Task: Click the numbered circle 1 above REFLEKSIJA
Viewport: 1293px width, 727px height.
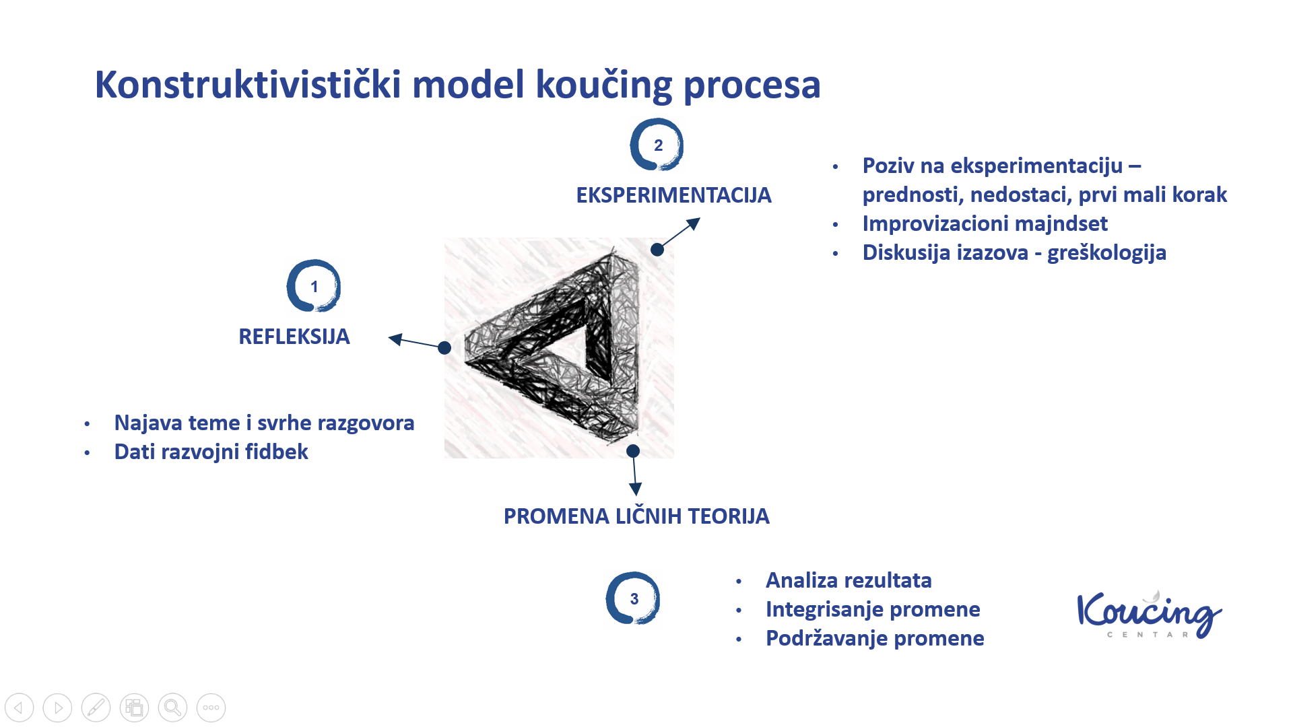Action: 314,286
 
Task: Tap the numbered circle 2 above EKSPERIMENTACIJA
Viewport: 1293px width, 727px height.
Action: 657,145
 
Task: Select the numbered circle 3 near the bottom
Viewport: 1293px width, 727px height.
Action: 633,598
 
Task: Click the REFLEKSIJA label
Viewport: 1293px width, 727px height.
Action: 294,337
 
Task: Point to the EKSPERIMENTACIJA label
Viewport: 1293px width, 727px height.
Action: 673,195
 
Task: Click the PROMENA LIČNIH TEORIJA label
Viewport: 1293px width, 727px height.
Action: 636,516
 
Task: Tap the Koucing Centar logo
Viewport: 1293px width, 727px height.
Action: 1150,614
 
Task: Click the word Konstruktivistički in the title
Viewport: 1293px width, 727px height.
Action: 248,85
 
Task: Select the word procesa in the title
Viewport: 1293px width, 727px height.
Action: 752,86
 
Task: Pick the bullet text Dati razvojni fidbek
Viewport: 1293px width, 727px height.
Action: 211,452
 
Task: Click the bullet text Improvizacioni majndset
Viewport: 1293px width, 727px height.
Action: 985,223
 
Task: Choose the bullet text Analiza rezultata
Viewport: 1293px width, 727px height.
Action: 849,580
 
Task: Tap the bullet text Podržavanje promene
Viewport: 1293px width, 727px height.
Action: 875,638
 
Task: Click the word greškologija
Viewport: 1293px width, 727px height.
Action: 1106,252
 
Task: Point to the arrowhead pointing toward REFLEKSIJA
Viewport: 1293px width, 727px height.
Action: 397,339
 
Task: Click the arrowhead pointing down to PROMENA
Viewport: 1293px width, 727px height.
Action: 635,489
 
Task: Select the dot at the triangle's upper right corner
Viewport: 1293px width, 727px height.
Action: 657,250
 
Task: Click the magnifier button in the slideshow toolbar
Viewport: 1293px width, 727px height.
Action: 172,707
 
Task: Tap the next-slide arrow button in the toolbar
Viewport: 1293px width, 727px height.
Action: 57,707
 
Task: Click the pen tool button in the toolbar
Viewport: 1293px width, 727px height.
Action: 96,707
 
